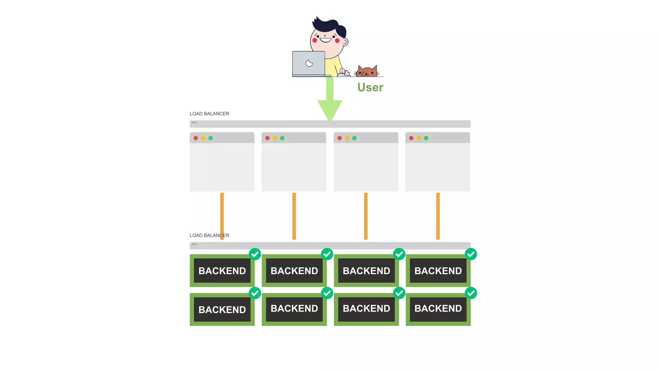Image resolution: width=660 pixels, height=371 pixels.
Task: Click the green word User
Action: tap(370, 87)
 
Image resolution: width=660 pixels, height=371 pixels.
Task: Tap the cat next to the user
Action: tap(367, 71)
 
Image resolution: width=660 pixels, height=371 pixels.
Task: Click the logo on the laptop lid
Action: tap(309, 63)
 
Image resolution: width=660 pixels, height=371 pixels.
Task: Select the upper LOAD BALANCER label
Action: tap(209, 114)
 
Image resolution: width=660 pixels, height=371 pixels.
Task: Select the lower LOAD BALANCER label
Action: tap(209, 235)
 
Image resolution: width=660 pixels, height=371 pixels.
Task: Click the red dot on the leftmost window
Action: tap(196, 138)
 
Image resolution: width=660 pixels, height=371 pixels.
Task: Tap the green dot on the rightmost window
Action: tap(426, 138)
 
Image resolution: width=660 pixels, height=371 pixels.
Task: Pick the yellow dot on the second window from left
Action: tap(275, 138)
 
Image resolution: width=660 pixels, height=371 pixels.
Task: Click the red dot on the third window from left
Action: tap(340, 138)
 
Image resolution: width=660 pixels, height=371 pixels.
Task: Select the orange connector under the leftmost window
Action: tap(222, 216)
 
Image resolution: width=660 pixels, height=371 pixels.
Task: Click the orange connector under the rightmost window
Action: tap(438, 216)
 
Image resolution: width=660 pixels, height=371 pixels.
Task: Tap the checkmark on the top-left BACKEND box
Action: tap(255, 254)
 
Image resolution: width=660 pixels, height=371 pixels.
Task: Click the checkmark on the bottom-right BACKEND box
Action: tap(471, 293)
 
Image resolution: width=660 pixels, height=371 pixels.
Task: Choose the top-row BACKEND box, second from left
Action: tap(294, 271)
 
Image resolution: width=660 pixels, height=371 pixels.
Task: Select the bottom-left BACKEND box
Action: tap(222, 309)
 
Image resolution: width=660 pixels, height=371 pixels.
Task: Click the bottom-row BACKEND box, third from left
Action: tap(366, 309)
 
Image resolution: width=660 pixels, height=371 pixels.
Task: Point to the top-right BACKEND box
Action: tap(438, 271)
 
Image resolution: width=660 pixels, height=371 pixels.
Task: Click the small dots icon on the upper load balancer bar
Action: tap(194, 122)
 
